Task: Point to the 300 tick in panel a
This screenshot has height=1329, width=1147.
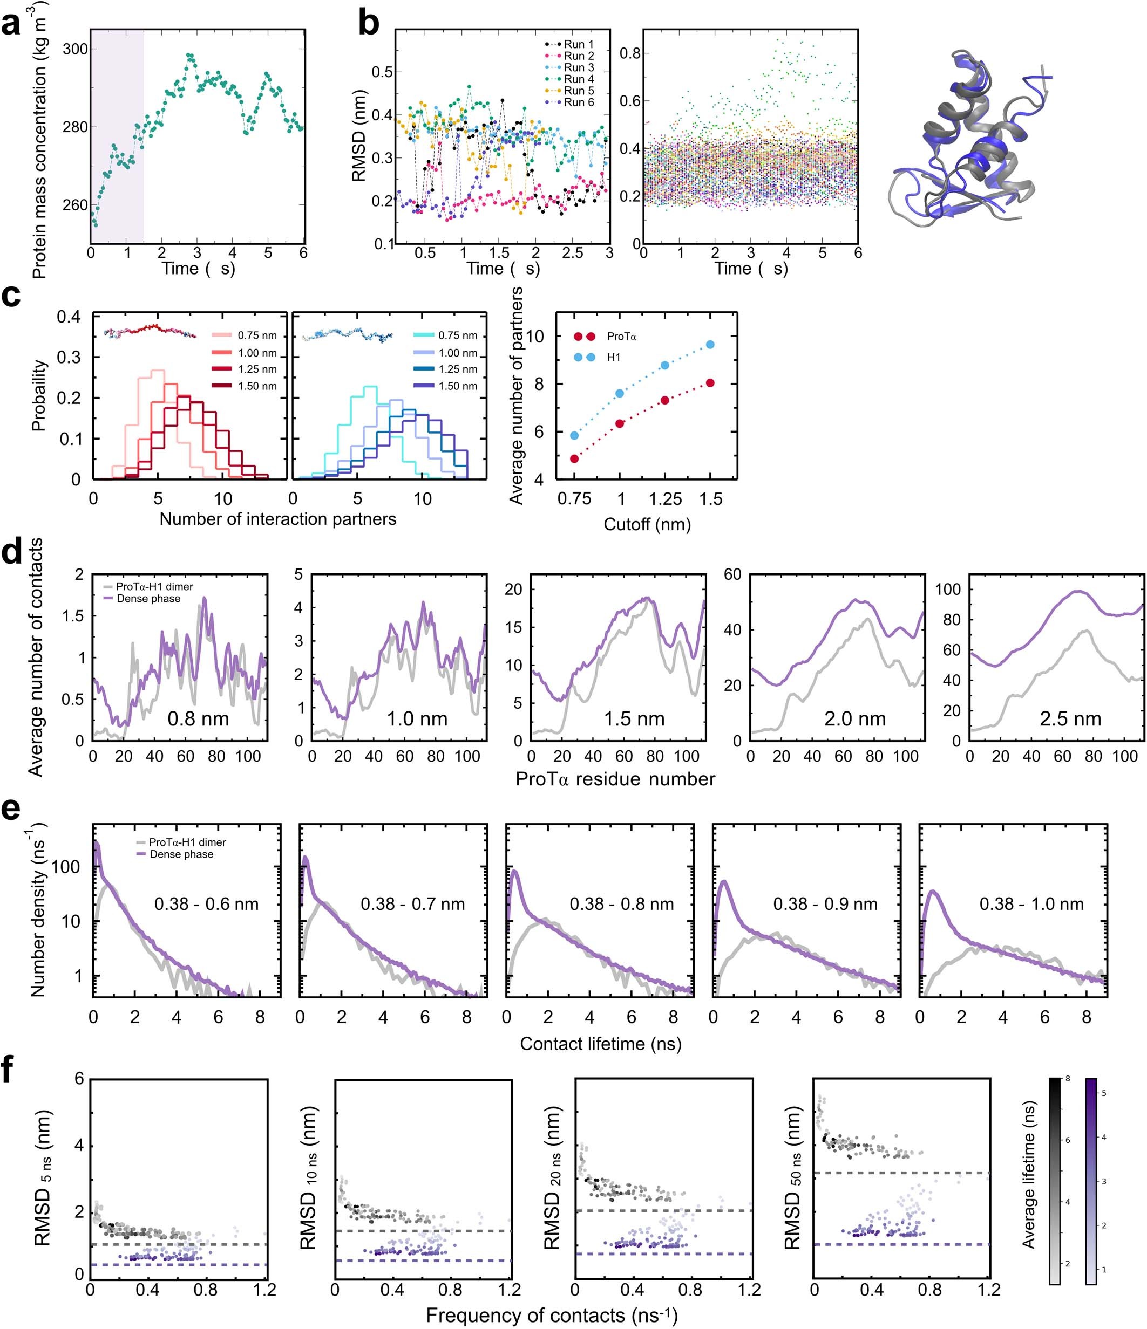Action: pyautogui.click(x=76, y=50)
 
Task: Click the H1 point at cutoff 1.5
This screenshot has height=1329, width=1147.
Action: pyautogui.click(x=710, y=345)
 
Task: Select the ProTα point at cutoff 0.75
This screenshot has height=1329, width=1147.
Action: pyautogui.click(x=574, y=458)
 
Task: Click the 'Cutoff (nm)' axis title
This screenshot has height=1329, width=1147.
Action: pyautogui.click(x=647, y=524)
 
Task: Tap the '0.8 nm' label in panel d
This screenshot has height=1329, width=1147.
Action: pyautogui.click(x=198, y=718)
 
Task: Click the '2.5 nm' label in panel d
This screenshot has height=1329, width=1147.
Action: pyautogui.click(x=1070, y=718)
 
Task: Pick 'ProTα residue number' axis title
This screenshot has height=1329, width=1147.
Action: pyautogui.click(x=615, y=779)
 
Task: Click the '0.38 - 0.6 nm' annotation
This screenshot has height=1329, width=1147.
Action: pyautogui.click(x=206, y=904)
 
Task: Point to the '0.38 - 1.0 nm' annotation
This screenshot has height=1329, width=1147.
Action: pyautogui.click(x=1031, y=904)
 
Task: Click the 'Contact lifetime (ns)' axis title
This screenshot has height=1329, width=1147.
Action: pyautogui.click(x=600, y=1044)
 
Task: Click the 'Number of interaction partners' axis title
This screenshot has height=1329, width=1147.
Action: pyautogui.click(x=277, y=519)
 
